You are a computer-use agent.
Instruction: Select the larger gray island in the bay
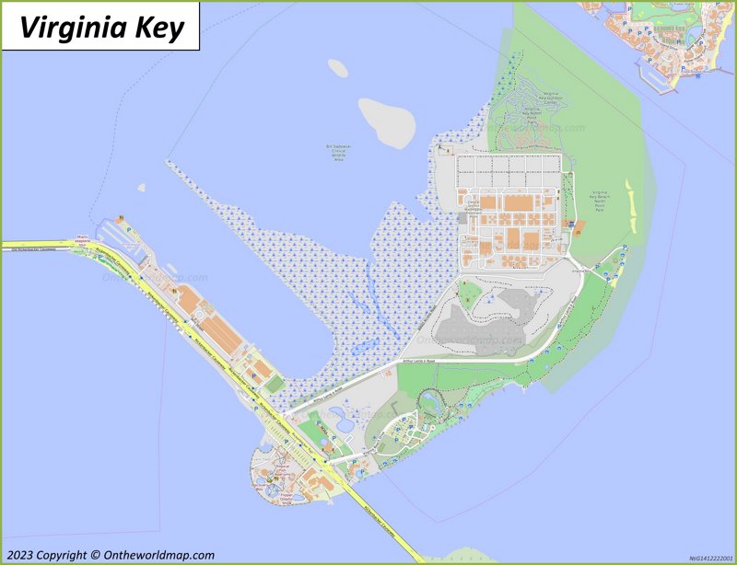387,121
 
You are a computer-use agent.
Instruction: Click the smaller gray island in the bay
338,68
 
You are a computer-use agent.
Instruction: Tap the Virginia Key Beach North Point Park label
606,202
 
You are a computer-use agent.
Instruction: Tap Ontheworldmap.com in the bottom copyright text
155,555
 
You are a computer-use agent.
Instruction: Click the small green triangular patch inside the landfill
470,294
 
